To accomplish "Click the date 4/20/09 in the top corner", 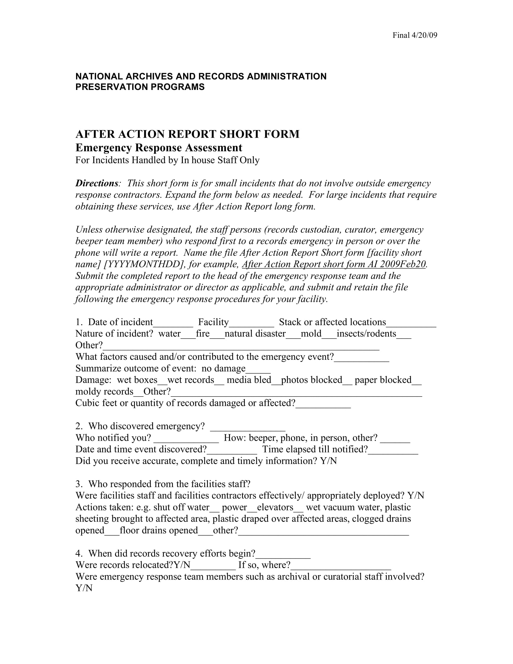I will (x=424, y=35).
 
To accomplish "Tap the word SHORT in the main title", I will (x=240, y=134).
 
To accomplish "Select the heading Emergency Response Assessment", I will (x=159, y=148).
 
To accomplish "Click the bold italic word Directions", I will (x=97, y=183).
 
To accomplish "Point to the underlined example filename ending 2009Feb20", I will (x=334, y=264).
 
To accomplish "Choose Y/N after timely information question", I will (x=328, y=461).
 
